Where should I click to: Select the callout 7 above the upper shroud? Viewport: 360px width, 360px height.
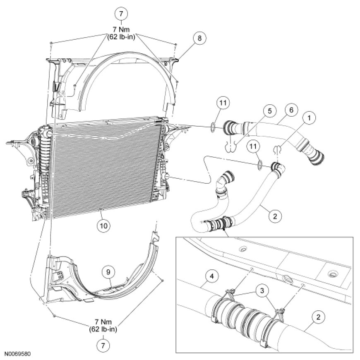coord(121,13)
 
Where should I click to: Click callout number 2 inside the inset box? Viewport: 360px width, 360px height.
coord(317,318)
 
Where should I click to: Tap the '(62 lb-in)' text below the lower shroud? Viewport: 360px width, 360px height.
coord(103,329)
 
